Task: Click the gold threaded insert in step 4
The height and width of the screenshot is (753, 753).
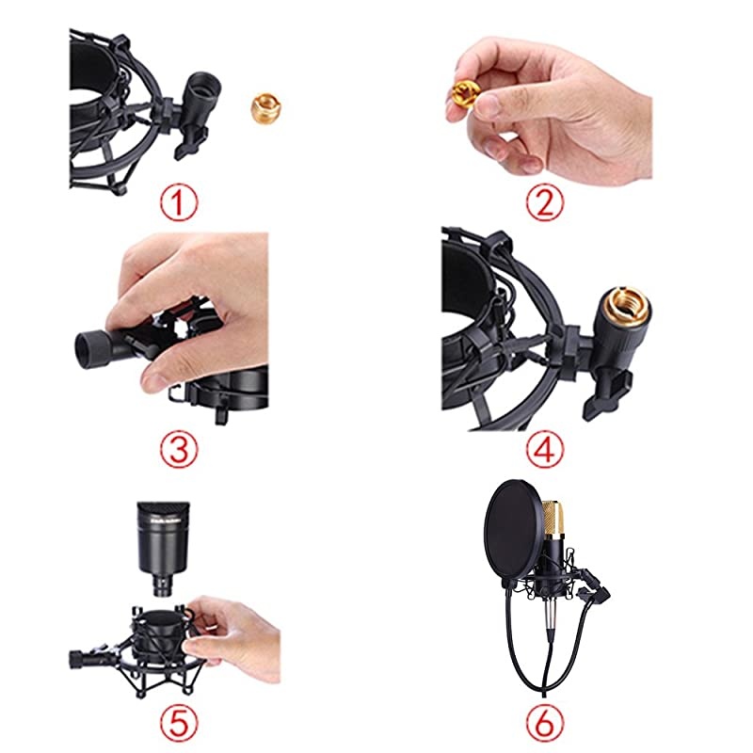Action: (x=622, y=302)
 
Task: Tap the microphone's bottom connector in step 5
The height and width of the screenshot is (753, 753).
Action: (x=163, y=587)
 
